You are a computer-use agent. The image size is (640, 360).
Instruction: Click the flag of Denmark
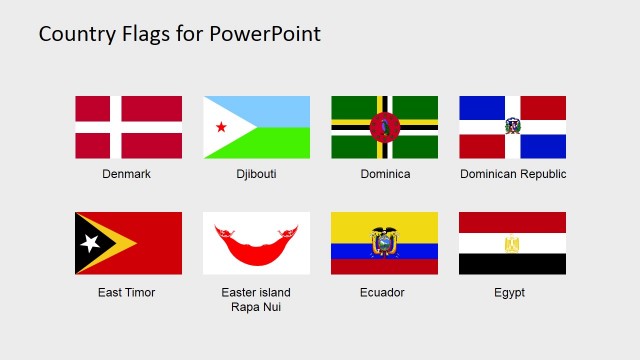pyautogui.click(x=128, y=127)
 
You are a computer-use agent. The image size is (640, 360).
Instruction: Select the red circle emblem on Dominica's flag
pyautogui.click(x=384, y=127)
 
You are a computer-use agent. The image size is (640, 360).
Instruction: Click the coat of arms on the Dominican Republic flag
pyautogui.click(x=512, y=127)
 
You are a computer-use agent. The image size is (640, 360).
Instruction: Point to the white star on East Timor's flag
pyautogui.click(x=89, y=243)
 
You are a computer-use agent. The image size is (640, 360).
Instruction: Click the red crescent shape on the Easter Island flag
pyautogui.click(x=256, y=243)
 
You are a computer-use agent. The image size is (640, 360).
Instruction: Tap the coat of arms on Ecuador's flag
pyautogui.click(x=384, y=242)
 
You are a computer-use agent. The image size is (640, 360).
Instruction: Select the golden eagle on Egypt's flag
pyautogui.click(x=512, y=243)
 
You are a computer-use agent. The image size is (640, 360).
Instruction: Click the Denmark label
pyautogui.click(x=127, y=174)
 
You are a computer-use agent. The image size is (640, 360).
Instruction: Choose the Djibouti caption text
pyautogui.click(x=256, y=174)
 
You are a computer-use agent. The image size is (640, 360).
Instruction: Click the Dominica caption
pyautogui.click(x=385, y=174)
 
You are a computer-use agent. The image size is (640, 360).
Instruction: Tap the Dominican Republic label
pyautogui.click(x=513, y=174)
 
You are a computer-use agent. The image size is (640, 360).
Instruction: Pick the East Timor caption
pyautogui.click(x=127, y=293)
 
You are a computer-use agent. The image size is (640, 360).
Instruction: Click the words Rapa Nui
pyautogui.click(x=256, y=307)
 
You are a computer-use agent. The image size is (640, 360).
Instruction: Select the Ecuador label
pyautogui.click(x=384, y=293)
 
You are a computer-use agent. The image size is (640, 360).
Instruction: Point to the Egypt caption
pyautogui.click(x=509, y=293)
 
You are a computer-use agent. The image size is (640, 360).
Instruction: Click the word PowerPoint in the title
pyautogui.click(x=265, y=34)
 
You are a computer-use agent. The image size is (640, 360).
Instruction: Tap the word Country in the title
pyautogui.click(x=72, y=34)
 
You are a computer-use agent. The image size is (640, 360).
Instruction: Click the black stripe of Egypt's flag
pyautogui.click(x=512, y=265)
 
